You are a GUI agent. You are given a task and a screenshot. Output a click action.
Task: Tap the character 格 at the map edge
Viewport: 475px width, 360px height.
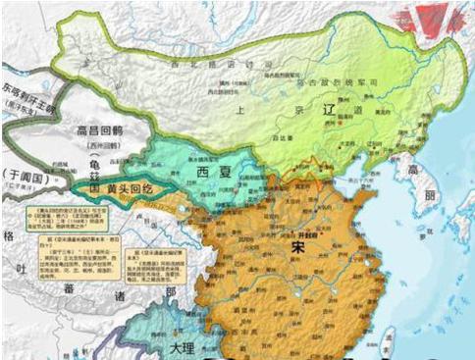[x=7, y=236]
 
